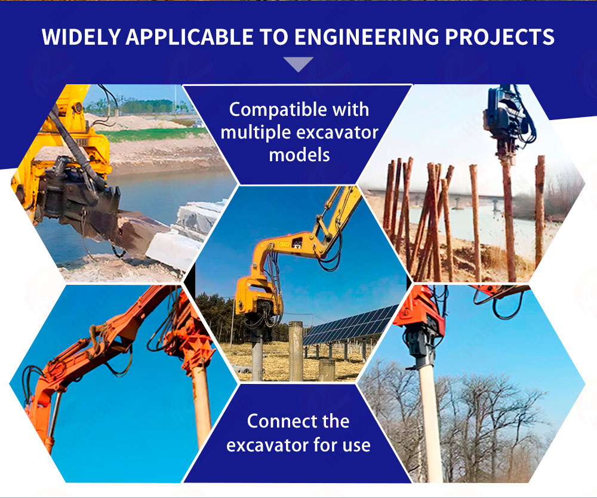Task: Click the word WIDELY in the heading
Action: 81,37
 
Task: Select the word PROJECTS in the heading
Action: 500,37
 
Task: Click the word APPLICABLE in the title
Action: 190,37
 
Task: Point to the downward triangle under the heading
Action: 298,63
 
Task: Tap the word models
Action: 299,155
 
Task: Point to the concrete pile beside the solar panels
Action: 296,351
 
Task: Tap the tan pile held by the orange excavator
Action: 201,404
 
